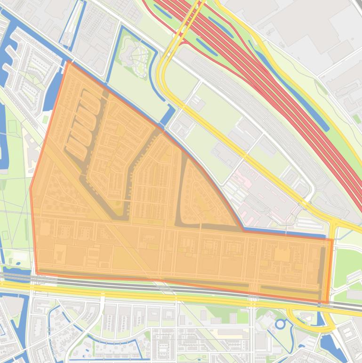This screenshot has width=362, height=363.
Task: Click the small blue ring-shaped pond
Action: tap(281, 324)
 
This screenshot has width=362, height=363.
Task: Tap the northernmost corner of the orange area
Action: tap(69, 61)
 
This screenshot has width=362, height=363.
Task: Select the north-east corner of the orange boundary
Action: tap(332, 240)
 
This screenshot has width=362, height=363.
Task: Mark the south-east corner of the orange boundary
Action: tap(328, 302)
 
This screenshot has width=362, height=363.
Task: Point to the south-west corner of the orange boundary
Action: tap(37, 272)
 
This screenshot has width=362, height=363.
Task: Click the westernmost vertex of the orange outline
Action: tap(31, 189)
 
